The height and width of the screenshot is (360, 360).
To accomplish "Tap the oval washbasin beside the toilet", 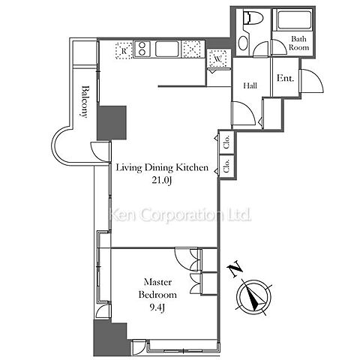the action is pyautogui.click(x=243, y=43).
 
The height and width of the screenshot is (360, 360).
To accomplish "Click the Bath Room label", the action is pyautogui.click(x=298, y=43).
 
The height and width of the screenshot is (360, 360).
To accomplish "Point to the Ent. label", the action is pyautogui.click(x=285, y=78).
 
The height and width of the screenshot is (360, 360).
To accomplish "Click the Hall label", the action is pyautogui.click(x=250, y=85).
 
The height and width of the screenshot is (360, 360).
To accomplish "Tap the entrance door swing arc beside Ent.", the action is pyautogui.click(x=313, y=80).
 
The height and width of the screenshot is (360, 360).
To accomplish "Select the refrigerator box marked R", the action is pyautogui.click(x=124, y=50).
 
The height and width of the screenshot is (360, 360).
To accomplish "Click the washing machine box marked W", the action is pyautogui.click(x=218, y=58).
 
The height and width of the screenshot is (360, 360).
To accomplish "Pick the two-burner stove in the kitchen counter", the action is pyautogui.click(x=142, y=49).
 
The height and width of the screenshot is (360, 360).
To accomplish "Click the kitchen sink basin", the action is pyautogui.click(x=166, y=49).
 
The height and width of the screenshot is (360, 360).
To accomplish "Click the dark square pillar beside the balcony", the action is pyautogui.click(x=112, y=123).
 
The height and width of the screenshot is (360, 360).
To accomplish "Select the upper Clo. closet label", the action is pyautogui.click(x=226, y=142).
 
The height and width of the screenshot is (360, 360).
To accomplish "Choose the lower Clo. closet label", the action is pyautogui.click(x=226, y=166).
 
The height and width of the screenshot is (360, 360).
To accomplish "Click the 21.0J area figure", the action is pyautogui.click(x=162, y=180).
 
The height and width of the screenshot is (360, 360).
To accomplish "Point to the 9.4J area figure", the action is pyautogui.click(x=157, y=307).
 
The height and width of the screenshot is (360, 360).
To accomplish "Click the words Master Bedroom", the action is pyautogui.click(x=157, y=288).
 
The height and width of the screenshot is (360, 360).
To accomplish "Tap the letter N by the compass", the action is pyautogui.click(x=235, y=268).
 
